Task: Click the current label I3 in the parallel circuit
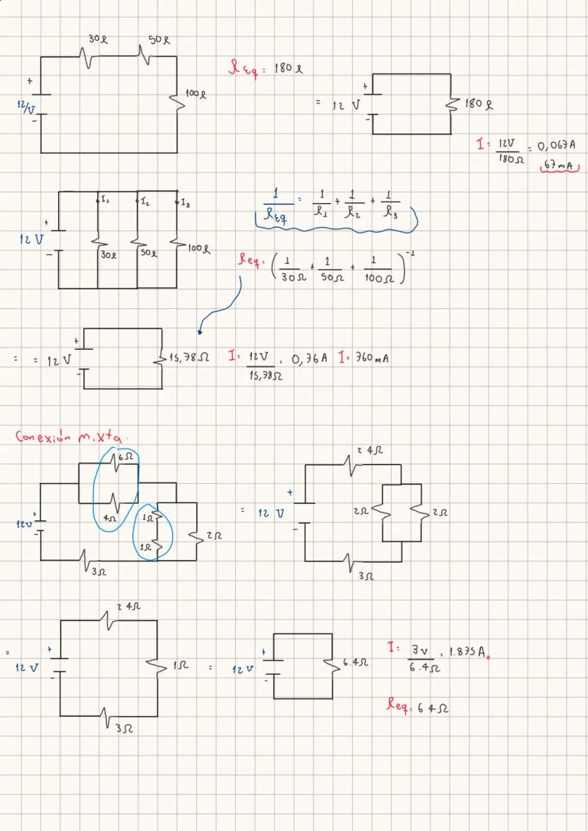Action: click(x=185, y=204)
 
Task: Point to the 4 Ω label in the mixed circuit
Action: click(x=109, y=519)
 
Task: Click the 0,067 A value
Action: click(x=557, y=145)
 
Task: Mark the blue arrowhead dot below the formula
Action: click(x=201, y=331)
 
